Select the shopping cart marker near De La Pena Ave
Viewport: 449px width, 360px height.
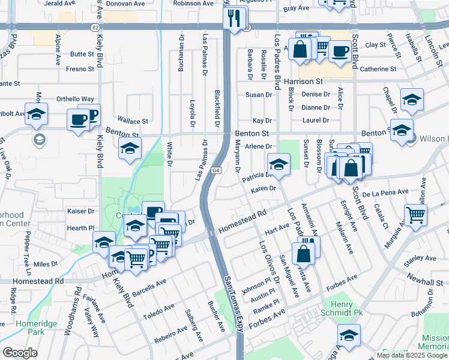pyautogui.click(x=415, y=214)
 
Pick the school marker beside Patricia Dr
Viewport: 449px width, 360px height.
pyautogui.click(x=279, y=164)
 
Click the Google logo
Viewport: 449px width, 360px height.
pyautogui.click(x=20, y=353)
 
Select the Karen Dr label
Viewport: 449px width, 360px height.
pyautogui.click(x=263, y=188)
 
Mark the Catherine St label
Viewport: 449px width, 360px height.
pyautogui.click(x=378, y=69)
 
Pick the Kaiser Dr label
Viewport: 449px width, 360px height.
pyautogui.click(x=82, y=211)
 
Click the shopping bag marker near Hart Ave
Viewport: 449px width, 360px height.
pyautogui.click(x=304, y=253)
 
